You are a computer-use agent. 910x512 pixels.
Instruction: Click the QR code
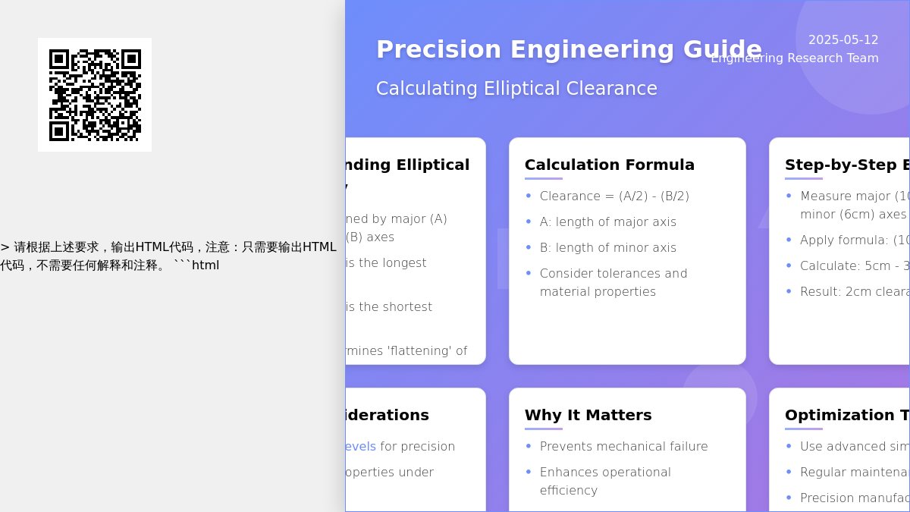click(x=95, y=95)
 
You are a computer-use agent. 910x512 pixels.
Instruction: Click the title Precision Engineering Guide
click(x=569, y=49)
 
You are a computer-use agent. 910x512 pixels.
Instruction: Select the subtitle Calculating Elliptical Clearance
click(x=516, y=89)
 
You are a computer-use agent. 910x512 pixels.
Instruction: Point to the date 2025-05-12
click(x=843, y=40)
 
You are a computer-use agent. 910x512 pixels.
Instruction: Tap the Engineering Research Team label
click(x=795, y=58)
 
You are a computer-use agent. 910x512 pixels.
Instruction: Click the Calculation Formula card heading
click(x=610, y=165)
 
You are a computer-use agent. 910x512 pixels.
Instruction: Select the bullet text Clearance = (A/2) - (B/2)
click(x=614, y=196)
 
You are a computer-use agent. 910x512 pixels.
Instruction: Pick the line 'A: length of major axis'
click(x=608, y=222)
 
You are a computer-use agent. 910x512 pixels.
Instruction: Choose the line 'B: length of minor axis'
click(x=608, y=248)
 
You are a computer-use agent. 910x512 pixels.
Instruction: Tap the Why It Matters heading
click(x=588, y=415)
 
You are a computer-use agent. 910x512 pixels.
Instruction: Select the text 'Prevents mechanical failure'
click(x=623, y=447)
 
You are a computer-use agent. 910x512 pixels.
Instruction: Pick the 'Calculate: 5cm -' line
click(x=849, y=266)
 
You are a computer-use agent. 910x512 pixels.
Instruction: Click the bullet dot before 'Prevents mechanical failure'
click(x=529, y=446)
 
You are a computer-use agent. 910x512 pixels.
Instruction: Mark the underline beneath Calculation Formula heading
click(x=544, y=179)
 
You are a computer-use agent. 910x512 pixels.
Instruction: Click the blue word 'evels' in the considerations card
click(x=360, y=447)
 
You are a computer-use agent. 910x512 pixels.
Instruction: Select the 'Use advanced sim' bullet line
click(x=854, y=447)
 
